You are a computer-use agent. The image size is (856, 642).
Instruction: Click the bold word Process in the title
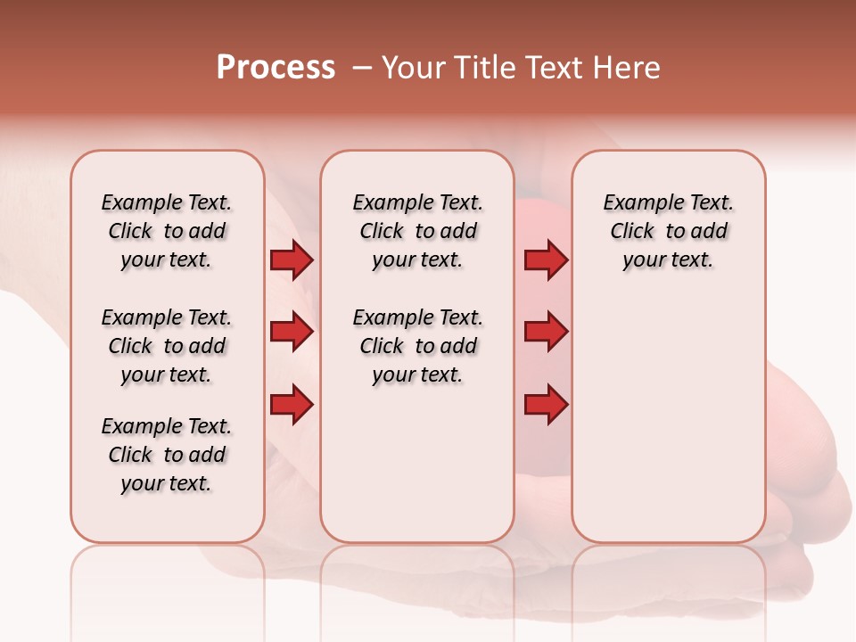pyautogui.click(x=276, y=68)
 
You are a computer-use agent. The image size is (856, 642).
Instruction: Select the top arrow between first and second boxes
pyautogui.click(x=292, y=259)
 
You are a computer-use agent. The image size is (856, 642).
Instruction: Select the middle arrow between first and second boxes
pyautogui.click(x=292, y=332)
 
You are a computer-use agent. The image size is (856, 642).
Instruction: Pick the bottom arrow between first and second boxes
pyautogui.click(x=292, y=405)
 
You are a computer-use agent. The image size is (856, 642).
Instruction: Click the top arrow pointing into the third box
pyautogui.click(x=546, y=259)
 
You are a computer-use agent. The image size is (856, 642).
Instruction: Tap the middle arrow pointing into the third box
pyautogui.click(x=546, y=332)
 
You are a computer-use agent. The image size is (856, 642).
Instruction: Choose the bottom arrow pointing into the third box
pyautogui.click(x=546, y=405)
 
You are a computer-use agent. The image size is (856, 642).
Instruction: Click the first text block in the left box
pyautogui.click(x=167, y=231)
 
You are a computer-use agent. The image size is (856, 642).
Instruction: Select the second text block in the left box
pyautogui.click(x=167, y=346)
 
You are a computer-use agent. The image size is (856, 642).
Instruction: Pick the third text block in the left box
pyautogui.click(x=167, y=455)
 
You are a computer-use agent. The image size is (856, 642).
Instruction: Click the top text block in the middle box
pyautogui.click(x=417, y=231)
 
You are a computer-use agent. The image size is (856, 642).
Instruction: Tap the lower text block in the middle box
pyautogui.click(x=417, y=346)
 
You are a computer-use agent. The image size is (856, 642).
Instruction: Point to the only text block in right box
pyautogui.click(x=668, y=231)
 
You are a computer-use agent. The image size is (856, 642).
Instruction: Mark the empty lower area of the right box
pyautogui.click(x=668, y=419)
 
